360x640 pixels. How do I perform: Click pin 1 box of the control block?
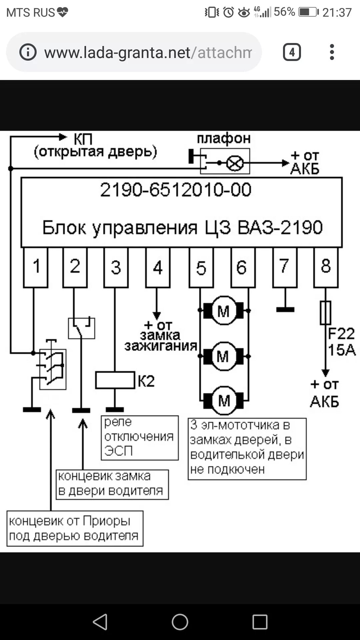pos(36,267)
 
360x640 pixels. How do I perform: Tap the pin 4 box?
pos(158,267)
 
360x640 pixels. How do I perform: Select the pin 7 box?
pos(285,267)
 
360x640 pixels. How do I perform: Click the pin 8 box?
pos(326,267)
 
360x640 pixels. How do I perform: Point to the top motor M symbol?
pos(223,311)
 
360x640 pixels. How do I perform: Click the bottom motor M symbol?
pos(224,400)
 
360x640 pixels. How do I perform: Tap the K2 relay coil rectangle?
pos(115,380)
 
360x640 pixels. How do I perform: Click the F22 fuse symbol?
pos(325,313)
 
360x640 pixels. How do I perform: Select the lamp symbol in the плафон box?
pos(235,163)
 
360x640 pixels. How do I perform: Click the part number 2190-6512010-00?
pos(176,190)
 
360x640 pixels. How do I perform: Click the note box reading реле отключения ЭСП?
pos(140,438)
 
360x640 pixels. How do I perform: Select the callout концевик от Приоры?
pos(75,528)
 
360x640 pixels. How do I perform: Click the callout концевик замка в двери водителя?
pos(112,484)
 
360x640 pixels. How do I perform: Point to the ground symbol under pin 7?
pos(285,310)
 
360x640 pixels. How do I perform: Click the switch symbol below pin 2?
pos(81,328)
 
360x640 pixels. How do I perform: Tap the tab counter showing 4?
pos(292,52)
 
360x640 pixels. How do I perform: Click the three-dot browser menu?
pos(331,52)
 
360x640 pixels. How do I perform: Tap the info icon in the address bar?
pos(28,52)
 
